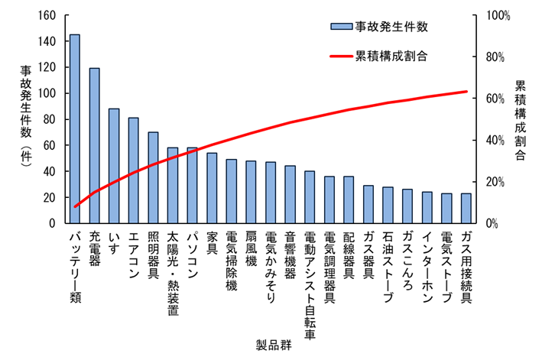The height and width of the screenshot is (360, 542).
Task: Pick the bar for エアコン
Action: pyautogui.click(x=134, y=170)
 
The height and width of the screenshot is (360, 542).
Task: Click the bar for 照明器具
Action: pyautogui.click(x=154, y=177)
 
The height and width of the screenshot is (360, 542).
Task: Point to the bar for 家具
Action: pyautogui.click(x=212, y=188)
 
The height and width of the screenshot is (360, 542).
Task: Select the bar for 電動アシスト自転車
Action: pyautogui.click(x=310, y=197)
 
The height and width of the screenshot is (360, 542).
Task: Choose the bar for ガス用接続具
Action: pyautogui.click(x=466, y=209)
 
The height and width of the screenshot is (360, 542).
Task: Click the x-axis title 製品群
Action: pyautogui.click(x=273, y=345)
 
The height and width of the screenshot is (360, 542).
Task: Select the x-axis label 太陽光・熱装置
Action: pyautogui.click(x=173, y=274)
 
